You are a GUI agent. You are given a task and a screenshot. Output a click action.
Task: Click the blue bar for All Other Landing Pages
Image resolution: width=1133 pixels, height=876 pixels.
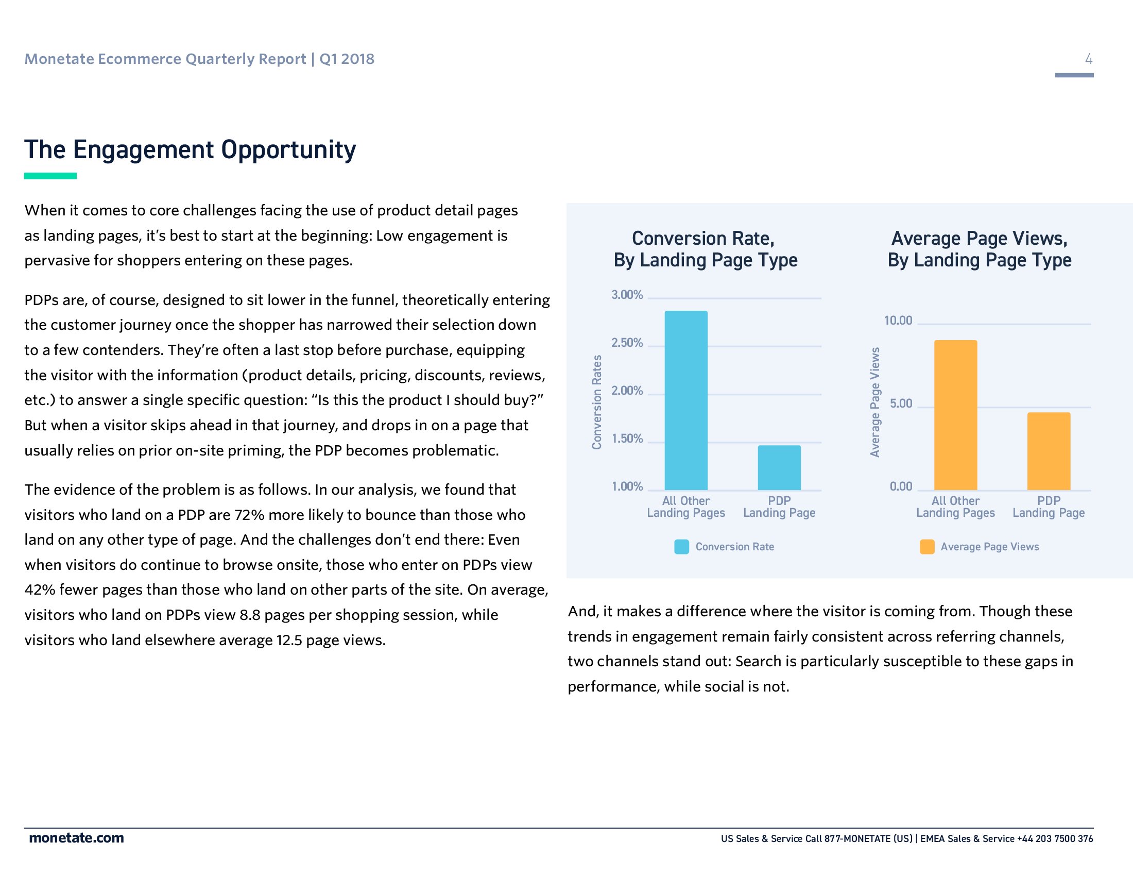point(686,399)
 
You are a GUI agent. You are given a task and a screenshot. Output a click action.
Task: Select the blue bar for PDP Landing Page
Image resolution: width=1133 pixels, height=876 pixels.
point(779,467)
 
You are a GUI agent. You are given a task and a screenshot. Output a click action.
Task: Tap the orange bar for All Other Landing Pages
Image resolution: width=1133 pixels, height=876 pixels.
point(955,415)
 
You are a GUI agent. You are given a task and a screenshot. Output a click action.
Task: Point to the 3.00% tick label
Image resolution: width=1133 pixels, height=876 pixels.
point(627,295)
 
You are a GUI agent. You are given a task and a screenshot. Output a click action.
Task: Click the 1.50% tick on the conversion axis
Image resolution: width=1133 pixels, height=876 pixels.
point(627,439)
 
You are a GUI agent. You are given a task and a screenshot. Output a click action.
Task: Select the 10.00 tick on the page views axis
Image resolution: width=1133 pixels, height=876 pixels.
point(898,321)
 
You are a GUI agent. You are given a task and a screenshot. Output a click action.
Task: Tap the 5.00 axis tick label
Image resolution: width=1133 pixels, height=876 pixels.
point(901,403)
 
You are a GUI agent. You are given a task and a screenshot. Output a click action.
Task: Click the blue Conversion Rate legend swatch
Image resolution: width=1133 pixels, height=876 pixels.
point(681,546)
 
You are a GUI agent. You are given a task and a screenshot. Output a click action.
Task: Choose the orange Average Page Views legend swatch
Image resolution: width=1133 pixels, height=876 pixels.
point(926,546)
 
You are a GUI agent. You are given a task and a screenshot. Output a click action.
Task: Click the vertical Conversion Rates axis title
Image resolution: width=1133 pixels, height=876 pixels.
point(597,402)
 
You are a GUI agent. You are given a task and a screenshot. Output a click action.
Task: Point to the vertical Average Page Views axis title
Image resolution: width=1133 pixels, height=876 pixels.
point(874,402)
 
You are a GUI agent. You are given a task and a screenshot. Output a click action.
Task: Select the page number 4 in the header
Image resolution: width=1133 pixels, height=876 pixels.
point(1088,59)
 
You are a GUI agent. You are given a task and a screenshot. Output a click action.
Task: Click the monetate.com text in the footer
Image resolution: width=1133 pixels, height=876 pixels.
point(76,838)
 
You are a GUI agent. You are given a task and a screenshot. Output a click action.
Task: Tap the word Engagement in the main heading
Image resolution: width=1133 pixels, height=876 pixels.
point(143,150)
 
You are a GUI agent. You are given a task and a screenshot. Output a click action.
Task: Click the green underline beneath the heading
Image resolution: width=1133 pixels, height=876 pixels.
point(50,176)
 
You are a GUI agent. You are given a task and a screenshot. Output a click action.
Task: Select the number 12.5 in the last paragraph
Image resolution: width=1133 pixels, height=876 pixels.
point(289,640)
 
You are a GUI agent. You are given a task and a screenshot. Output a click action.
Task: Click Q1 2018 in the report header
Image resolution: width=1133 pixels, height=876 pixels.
point(347,59)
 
